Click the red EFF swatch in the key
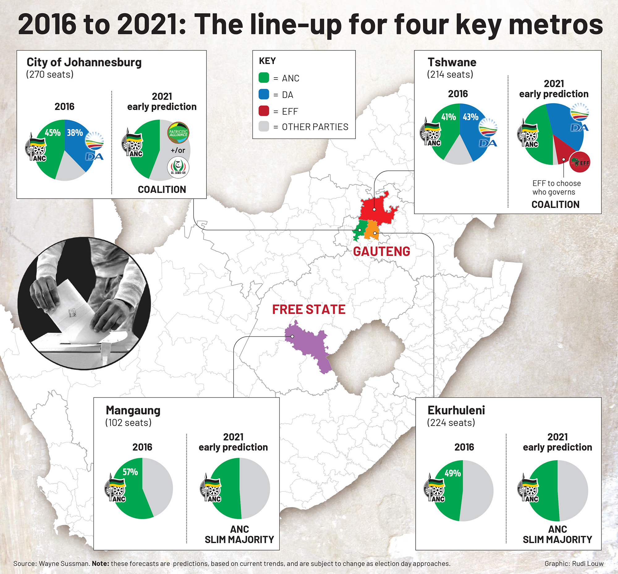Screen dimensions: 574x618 264,111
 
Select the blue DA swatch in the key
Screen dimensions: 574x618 264,94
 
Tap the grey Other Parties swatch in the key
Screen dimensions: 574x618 264,126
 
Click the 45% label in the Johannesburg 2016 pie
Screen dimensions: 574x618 53,133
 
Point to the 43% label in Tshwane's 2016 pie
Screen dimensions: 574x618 471,117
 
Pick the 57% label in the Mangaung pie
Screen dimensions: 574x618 130,472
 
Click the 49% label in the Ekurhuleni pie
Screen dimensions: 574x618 452,473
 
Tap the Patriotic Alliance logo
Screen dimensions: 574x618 178,133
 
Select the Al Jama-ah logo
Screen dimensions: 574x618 178,168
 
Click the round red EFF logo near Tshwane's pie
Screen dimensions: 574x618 579,162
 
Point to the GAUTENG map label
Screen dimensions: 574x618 381,252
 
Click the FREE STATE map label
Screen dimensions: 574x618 309,309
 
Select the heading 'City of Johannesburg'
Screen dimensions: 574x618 84,62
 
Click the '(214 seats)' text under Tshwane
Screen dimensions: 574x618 450,74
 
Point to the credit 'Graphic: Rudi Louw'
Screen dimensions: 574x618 574,563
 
